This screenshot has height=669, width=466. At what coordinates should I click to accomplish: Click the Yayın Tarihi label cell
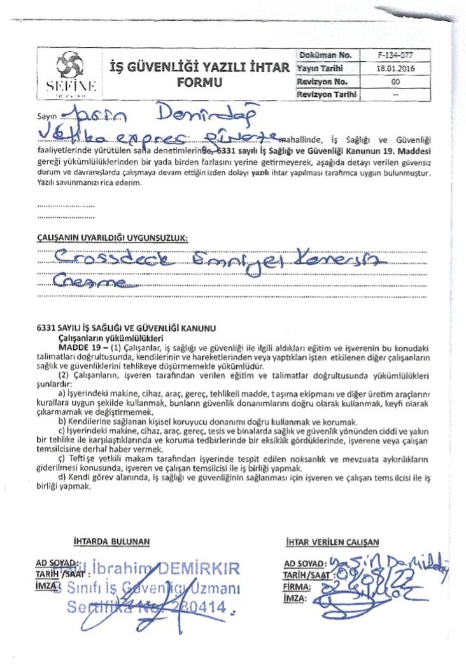[x=325, y=69]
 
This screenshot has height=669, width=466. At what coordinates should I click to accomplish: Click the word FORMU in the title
[x=200, y=83]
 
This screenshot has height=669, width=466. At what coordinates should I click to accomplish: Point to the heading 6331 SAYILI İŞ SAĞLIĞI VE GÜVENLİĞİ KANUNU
[x=127, y=327]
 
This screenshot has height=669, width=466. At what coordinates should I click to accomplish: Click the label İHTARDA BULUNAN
[x=111, y=542]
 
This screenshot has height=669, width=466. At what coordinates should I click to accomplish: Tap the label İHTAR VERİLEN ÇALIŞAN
[x=332, y=542]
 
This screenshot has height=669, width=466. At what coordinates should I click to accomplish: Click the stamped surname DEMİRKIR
[x=197, y=568]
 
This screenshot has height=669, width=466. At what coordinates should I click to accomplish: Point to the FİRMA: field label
[x=297, y=586]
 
